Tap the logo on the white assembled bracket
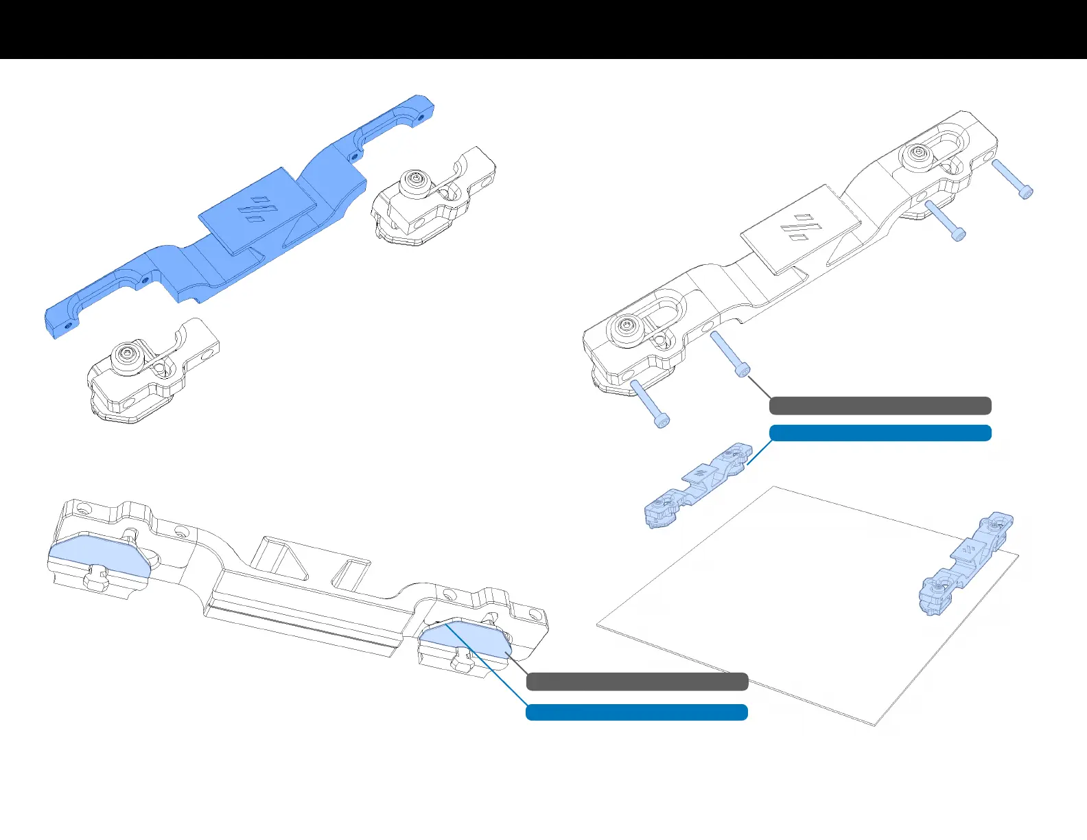click(801, 229)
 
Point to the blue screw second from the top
click(945, 220)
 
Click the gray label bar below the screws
click(880, 406)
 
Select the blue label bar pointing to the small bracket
click(880, 433)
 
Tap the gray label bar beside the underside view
click(637, 681)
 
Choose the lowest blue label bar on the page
click(637, 712)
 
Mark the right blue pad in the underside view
click(466, 639)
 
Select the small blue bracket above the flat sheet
click(699, 485)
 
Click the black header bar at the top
click(543, 30)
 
